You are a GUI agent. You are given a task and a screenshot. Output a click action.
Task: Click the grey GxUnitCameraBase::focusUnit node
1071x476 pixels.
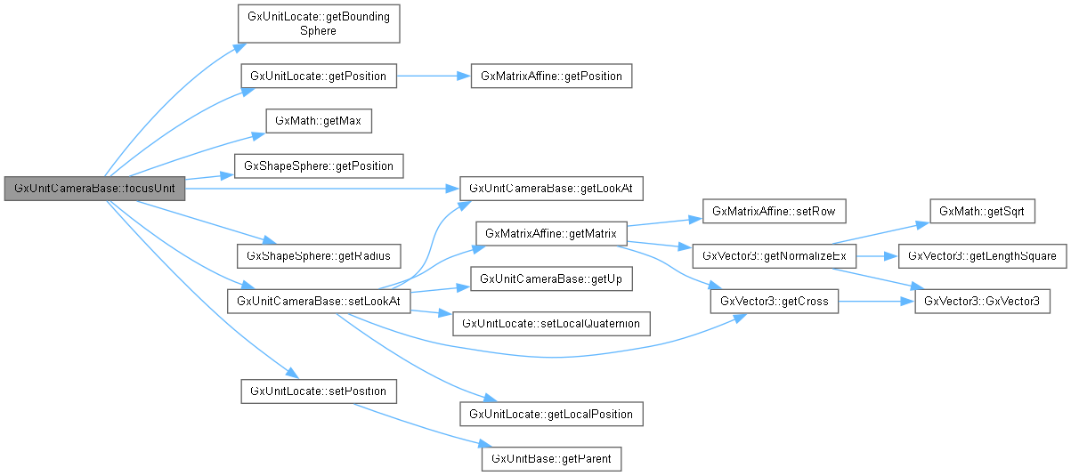click(94, 189)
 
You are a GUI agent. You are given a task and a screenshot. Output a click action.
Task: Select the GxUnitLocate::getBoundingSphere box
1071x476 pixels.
click(318, 24)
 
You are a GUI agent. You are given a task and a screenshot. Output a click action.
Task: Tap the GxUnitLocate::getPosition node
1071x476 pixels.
click(318, 76)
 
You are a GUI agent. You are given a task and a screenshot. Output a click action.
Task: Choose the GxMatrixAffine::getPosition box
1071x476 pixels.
click(551, 76)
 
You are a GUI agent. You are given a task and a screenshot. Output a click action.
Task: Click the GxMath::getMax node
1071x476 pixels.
click(318, 120)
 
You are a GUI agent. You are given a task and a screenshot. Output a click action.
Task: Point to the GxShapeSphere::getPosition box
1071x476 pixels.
click(318, 165)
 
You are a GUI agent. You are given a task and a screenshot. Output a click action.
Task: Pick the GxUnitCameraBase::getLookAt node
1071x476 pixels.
click(551, 189)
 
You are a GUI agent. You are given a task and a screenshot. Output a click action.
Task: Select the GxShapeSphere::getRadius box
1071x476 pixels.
click(318, 255)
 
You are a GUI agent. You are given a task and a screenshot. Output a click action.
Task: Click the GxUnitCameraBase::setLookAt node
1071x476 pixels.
click(318, 302)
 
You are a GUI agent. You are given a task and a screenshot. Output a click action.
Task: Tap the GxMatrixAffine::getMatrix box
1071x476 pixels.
click(551, 233)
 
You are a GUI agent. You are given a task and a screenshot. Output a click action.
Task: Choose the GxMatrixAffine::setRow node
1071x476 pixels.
click(773, 211)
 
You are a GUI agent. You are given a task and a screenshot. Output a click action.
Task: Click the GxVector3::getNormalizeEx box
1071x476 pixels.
click(773, 255)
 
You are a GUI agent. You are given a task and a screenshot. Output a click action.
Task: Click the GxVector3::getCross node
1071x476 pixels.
click(773, 302)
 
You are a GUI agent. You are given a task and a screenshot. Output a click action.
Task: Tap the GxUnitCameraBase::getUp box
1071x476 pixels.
click(551, 278)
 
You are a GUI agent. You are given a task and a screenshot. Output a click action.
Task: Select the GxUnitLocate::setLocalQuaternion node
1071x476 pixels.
click(551, 324)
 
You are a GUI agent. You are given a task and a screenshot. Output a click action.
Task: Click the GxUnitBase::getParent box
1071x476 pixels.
click(551, 459)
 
